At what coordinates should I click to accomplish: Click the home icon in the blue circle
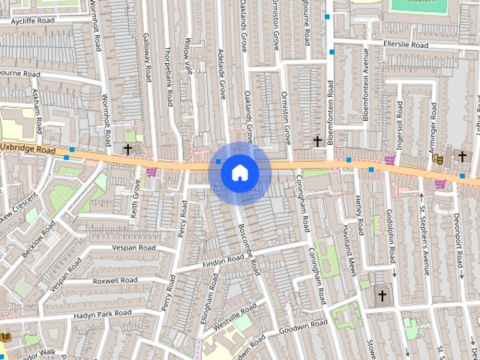pos(239,172)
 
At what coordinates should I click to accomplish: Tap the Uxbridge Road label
pos(28,150)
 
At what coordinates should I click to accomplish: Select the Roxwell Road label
pos(115,280)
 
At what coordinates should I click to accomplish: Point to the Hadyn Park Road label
pos(103,314)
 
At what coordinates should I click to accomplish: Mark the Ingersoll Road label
pos(400,118)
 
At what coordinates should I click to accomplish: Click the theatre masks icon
pos(439,158)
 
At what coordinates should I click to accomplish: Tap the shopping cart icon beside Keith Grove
pos(151,172)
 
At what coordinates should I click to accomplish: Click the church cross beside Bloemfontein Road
pos(317,141)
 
